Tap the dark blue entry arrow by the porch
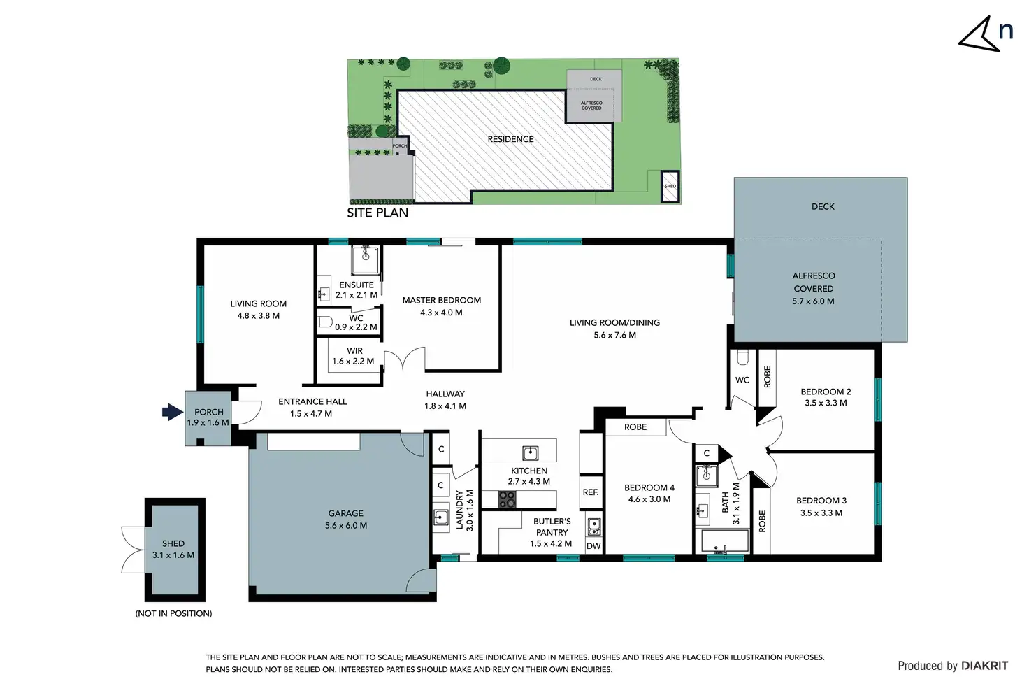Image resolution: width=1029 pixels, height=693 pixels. click(172, 412)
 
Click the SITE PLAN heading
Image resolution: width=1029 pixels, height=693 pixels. click(377, 213)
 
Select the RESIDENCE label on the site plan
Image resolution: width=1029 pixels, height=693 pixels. click(510, 139)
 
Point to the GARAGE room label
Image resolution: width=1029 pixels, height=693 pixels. click(345, 513)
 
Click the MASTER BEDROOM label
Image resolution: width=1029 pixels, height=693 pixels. click(441, 300)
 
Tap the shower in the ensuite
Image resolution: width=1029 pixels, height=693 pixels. click(365, 259)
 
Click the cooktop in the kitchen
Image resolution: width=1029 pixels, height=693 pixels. click(507, 499)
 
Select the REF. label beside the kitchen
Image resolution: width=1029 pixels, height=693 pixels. click(591, 492)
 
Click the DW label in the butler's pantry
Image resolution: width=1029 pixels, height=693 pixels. click(593, 546)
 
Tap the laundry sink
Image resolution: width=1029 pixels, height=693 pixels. click(440, 517)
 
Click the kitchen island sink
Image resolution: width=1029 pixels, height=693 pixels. click(530, 451)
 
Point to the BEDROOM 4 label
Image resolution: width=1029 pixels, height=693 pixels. click(649, 487)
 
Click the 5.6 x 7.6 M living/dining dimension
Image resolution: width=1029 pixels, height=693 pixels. click(614, 335)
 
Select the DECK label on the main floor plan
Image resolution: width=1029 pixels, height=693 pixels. click(823, 206)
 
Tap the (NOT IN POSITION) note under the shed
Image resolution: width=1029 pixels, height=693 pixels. click(173, 613)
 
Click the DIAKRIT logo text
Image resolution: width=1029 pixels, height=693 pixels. click(984, 666)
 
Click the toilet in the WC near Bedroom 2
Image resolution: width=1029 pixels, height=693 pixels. click(742, 357)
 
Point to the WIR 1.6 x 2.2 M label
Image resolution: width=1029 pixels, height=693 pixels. click(354, 356)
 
